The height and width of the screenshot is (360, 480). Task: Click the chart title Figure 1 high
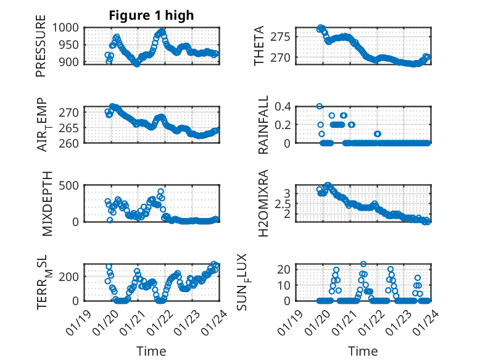[151, 15]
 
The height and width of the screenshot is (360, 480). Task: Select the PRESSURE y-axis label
[41, 50]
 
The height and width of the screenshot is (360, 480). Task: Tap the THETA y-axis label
[259, 46]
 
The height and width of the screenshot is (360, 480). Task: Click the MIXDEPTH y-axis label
[48, 204]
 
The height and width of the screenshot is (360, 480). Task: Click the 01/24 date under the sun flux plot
[423, 316]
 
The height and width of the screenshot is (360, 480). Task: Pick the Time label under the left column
[151, 351]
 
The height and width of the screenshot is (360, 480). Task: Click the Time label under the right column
[363, 351]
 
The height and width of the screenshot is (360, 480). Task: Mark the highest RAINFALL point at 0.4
[320, 106]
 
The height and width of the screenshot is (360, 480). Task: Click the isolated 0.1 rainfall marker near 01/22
[378, 134]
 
